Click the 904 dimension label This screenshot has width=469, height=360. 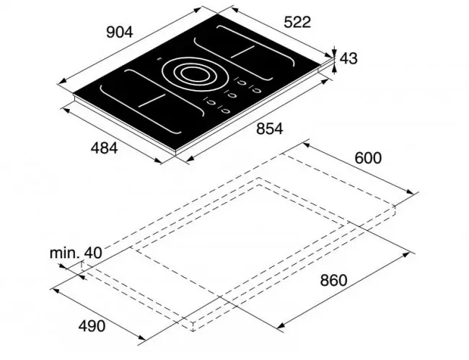tap(119, 32)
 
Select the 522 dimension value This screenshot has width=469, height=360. tap(297, 22)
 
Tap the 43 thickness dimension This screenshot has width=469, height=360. tap(349, 58)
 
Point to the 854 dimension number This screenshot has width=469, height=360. tap(270, 129)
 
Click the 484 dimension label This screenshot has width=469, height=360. tap(104, 148)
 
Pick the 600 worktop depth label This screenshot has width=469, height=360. tap(368, 158)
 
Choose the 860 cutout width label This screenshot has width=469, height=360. tap(333, 280)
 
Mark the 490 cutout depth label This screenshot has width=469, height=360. tap(92, 326)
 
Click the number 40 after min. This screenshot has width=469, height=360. tap(93, 253)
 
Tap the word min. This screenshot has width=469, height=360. tap(65, 253)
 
